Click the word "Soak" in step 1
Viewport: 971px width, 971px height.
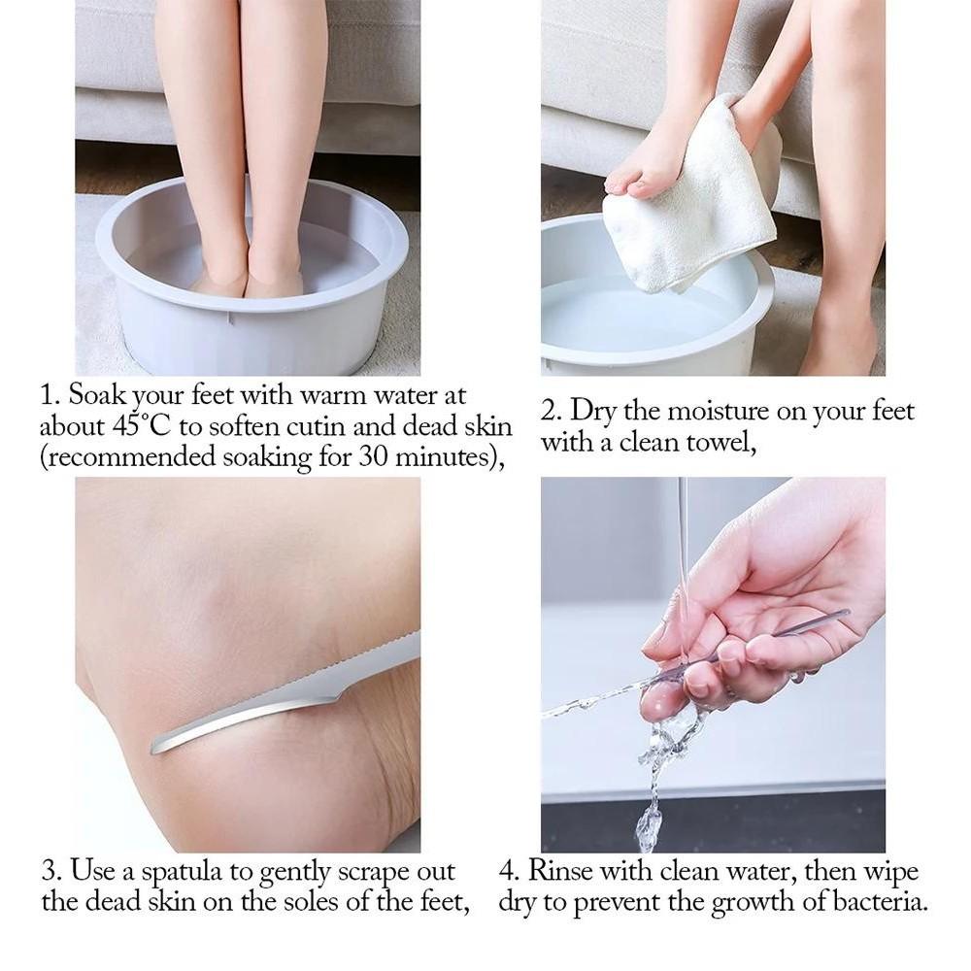click(93, 395)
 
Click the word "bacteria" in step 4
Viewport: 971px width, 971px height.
click(881, 902)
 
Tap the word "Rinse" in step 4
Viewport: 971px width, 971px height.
click(560, 871)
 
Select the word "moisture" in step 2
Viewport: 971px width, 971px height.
click(717, 412)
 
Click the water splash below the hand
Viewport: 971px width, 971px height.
click(656, 781)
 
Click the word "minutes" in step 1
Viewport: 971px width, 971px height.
click(445, 457)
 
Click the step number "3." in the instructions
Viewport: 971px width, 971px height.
click(51, 871)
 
